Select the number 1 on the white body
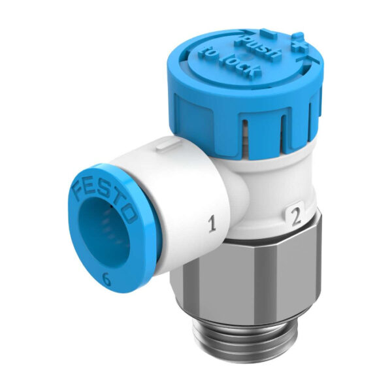(x=211, y=226)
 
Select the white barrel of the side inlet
(x=183, y=196)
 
